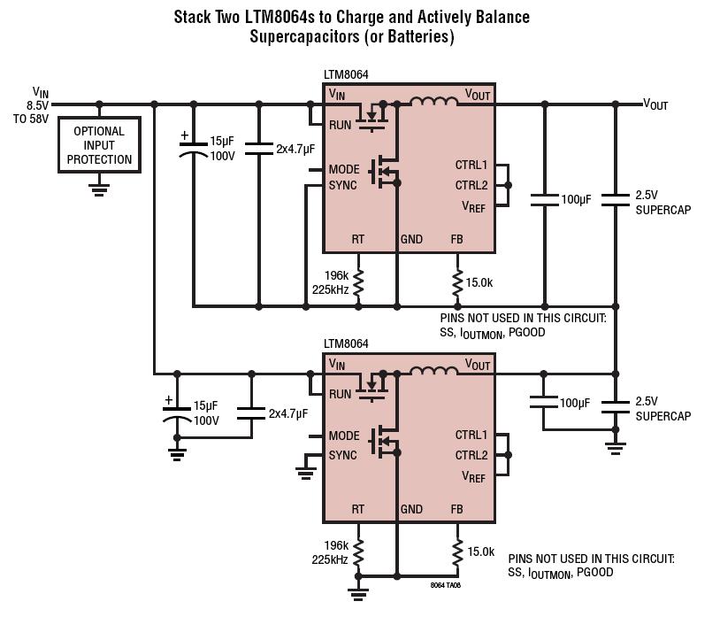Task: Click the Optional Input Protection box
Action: [99, 144]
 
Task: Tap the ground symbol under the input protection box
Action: [99, 189]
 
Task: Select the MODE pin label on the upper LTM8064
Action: [344, 170]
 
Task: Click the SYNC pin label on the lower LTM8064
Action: [342, 455]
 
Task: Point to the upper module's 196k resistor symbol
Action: [358, 282]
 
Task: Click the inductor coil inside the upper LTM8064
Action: [433, 101]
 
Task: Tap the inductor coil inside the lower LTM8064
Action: [433, 370]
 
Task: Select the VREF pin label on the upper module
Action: [473, 207]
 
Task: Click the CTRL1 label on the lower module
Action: [471, 435]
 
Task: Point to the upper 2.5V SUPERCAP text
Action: [663, 202]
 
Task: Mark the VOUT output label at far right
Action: [655, 104]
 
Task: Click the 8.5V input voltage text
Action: [38, 105]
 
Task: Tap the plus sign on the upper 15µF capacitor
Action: [185, 135]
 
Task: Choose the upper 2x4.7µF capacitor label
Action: [295, 149]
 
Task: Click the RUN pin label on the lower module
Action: [340, 394]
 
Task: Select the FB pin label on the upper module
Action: [457, 239]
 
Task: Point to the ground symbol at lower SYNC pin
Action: [306, 473]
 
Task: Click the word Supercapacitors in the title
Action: [304, 36]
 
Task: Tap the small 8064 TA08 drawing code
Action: [446, 585]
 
